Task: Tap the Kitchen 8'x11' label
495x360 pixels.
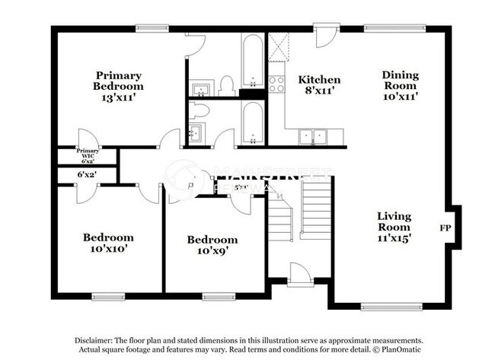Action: [x=318, y=84]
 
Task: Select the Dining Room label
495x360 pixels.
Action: [x=401, y=85]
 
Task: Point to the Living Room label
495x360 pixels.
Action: [x=394, y=227]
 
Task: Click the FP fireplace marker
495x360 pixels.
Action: [x=445, y=228]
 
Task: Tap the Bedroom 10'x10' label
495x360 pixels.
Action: [x=108, y=243]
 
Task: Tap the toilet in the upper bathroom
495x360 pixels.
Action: [x=226, y=86]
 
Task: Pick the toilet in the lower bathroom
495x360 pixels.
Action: [x=200, y=112]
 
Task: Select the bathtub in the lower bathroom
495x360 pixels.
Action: [x=251, y=122]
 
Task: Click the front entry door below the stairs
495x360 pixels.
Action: [x=298, y=274]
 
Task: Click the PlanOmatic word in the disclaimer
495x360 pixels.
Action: [x=404, y=350]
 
